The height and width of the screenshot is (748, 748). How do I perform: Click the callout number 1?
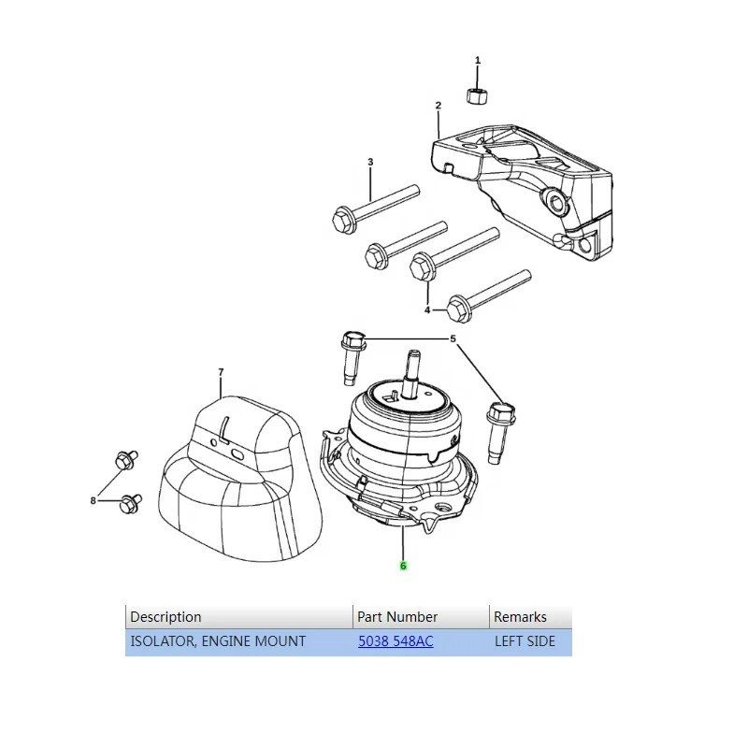click(x=478, y=61)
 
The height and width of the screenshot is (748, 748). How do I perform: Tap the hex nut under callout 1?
click(x=476, y=94)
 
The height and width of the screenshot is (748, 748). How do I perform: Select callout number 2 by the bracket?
click(x=438, y=106)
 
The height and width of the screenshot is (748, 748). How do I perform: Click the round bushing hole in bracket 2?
click(x=557, y=202)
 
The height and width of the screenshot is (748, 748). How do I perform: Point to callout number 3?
click(x=370, y=163)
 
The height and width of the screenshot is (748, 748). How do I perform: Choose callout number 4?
click(x=427, y=309)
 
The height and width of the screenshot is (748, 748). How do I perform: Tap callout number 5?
click(x=453, y=338)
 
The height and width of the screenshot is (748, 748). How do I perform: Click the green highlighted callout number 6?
click(x=403, y=566)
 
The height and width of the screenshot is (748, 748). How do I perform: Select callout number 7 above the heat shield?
click(x=221, y=372)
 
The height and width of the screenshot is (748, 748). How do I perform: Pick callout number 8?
click(x=93, y=501)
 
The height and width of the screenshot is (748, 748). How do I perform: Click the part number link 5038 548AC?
click(x=396, y=641)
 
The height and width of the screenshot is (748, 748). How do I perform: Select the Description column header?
click(x=165, y=617)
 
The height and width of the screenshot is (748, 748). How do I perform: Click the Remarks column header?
click(x=520, y=617)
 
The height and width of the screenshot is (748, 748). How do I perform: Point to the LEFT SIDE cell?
click(x=525, y=641)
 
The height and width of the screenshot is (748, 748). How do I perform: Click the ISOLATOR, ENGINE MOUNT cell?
click(x=218, y=641)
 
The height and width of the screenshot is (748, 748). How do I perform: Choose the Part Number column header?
click(x=397, y=617)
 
